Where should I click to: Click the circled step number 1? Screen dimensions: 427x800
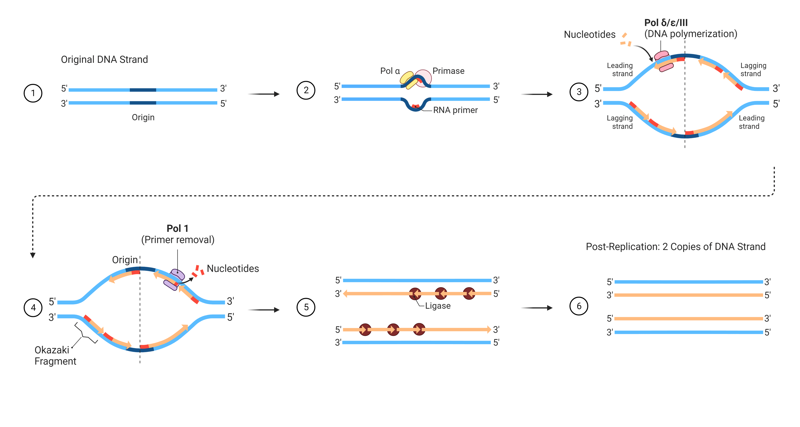click(x=33, y=93)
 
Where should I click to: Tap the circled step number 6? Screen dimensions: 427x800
click(x=579, y=306)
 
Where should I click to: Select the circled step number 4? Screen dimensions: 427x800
click(x=33, y=308)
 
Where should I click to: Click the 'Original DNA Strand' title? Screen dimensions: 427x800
click(x=104, y=59)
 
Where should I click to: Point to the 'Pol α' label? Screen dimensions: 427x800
click(x=390, y=71)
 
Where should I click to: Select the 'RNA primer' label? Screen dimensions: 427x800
click(x=455, y=110)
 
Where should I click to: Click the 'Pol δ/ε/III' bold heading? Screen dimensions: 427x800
click(x=666, y=23)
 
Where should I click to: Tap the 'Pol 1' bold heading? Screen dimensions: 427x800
click(x=177, y=229)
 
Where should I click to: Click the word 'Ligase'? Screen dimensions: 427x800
click(x=437, y=306)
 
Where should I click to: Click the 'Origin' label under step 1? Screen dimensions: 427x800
click(x=143, y=117)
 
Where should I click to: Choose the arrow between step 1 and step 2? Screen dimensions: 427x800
click(x=264, y=94)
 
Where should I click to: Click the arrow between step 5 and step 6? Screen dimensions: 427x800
click(x=537, y=308)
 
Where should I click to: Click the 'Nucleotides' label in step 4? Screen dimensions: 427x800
click(x=233, y=269)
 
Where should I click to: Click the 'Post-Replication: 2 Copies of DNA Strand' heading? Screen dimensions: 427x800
click(x=675, y=246)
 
